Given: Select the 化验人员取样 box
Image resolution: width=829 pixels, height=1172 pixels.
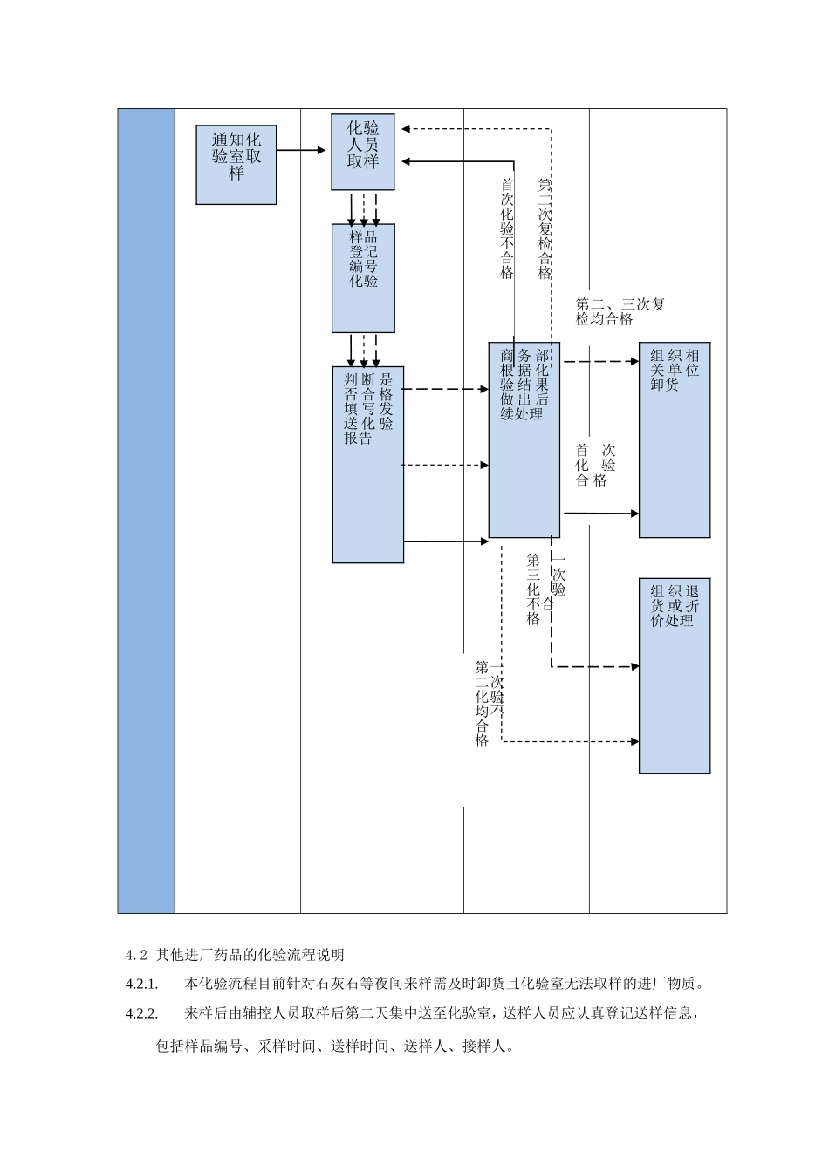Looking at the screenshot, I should (x=363, y=152).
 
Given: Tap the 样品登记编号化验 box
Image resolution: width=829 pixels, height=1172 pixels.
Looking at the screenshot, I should (x=363, y=277).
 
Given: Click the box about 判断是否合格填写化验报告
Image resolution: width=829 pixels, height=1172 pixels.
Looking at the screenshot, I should (x=367, y=464).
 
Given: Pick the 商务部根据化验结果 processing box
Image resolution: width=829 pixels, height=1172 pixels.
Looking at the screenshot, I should (x=524, y=439).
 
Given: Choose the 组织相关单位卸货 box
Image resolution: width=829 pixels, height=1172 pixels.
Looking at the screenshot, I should (x=675, y=439).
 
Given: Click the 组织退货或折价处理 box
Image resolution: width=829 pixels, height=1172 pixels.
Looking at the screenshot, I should (x=675, y=676).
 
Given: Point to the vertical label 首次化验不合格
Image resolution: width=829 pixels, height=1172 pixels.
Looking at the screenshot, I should (x=507, y=228).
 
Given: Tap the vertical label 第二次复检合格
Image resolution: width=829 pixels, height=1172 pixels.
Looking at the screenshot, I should (x=545, y=228).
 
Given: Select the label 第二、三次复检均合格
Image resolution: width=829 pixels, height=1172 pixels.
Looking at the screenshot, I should (x=620, y=311).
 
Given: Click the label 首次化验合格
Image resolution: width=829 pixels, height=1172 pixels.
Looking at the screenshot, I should (x=595, y=465).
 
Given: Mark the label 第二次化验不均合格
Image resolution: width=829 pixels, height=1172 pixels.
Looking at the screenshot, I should (x=490, y=703).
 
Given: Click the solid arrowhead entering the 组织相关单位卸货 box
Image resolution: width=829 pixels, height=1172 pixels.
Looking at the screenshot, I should (x=635, y=514).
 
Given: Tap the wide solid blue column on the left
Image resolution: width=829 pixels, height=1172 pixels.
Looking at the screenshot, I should (x=147, y=510).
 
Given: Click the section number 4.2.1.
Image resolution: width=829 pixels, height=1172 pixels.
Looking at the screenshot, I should (x=141, y=984).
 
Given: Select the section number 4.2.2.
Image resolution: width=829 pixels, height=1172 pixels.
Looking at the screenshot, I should (x=141, y=1013).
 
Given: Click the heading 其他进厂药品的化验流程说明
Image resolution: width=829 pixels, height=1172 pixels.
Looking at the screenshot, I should (x=250, y=953).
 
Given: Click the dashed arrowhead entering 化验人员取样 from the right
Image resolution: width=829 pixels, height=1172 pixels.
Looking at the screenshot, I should (x=406, y=129).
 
